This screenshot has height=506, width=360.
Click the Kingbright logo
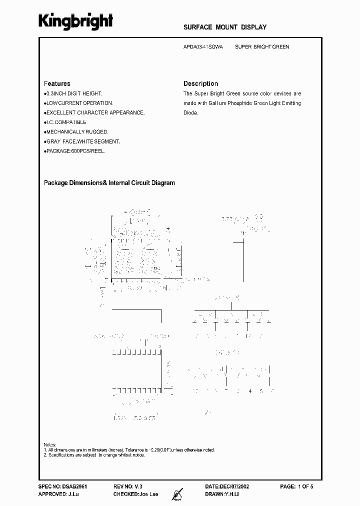[x=76, y=20]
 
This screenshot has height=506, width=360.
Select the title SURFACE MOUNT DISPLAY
[x=225, y=27]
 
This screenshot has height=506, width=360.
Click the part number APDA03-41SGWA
[x=203, y=47]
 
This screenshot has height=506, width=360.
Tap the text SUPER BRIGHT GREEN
[x=262, y=47]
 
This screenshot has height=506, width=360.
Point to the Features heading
[x=57, y=84]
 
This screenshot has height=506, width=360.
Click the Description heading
[x=200, y=84]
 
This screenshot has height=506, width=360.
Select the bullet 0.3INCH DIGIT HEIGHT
[x=73, y=93]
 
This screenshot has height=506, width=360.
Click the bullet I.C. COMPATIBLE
[x=65, y=122]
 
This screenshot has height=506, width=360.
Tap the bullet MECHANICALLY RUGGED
[x=75, y=132]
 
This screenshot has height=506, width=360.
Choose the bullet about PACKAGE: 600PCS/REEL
[x=75, y=151]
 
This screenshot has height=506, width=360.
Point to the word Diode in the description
[x=190, y=113]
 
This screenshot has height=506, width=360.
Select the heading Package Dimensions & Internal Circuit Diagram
[x=109, y=183]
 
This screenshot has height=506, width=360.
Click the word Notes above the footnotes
[x=50, y=444]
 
